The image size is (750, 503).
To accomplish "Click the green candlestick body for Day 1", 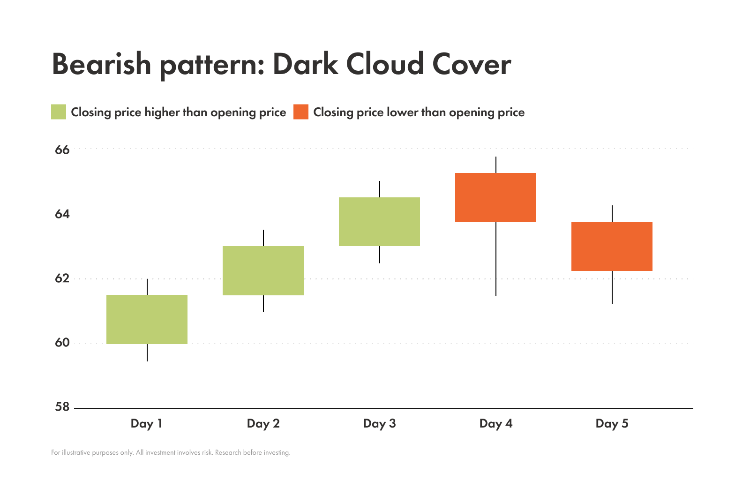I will (x=147, y=319).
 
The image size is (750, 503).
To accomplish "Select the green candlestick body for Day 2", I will (x=263, y=270).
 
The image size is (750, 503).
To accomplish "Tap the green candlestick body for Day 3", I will (x=379, y=222).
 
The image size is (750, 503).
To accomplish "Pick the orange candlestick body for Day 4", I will (x=495, y=197).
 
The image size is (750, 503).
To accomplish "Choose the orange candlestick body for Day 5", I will (x=612, y=246).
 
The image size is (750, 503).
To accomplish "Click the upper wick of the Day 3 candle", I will (x=380, y=189).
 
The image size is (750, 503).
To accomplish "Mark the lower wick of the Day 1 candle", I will (x=147, y=353).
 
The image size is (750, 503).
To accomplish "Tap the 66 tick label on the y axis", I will (x=62, y=150).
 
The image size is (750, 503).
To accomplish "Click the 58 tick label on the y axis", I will (x=62, y=407).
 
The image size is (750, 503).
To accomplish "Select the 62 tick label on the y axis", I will (x=62, y=278).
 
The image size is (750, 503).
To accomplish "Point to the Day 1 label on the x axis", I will (x=147, y=424).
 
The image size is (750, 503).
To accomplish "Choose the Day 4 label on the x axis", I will (x=496, y=424).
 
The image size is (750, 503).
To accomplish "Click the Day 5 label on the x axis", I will (x=612, y=424).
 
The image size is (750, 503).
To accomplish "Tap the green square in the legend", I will (x=59, y=112).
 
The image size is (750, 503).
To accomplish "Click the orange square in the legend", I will (x=301, y=112).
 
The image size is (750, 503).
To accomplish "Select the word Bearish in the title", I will (x=101, y=64).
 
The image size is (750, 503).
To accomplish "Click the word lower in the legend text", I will (x=402, y=113).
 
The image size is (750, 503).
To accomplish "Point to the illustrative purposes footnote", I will (x=171, y=453).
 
